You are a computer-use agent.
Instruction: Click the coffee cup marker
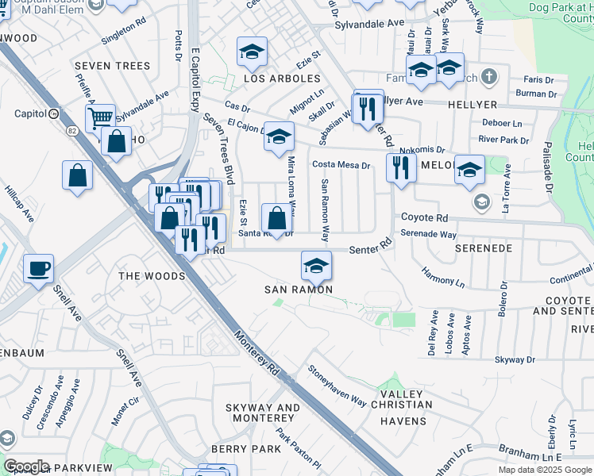point(38,269)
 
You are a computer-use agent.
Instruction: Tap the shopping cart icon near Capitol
point(100,118)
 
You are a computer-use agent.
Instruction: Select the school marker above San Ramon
point(316,266)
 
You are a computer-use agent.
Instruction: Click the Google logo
point(25,466)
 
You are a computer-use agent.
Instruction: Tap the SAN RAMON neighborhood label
point(297,290)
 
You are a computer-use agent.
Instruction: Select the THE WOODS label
point(151,276)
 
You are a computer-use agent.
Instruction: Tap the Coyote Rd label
point(424,217)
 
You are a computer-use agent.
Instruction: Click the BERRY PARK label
point(246,449)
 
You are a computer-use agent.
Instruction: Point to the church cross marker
point(490,78)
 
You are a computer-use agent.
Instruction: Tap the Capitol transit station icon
point(53,113)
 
